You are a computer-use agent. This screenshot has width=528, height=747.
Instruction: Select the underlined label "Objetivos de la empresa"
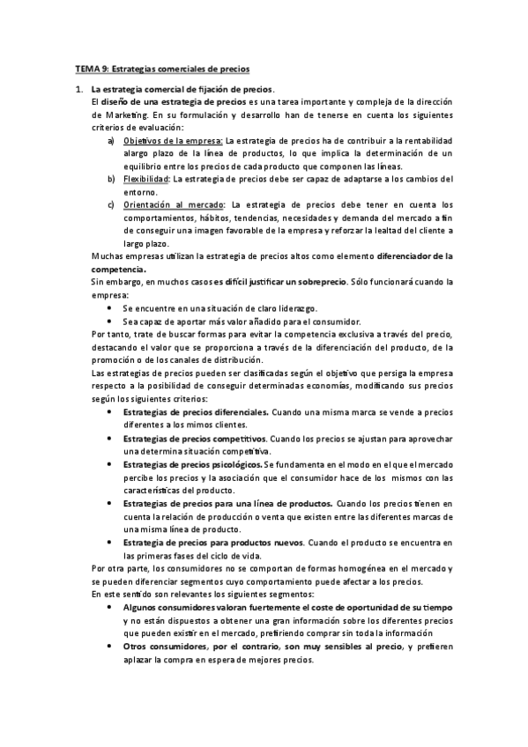[174, 140]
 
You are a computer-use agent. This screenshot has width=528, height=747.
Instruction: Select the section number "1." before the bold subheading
[78, 89]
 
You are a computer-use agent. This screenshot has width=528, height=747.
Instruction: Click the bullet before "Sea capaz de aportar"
[108, 321]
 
